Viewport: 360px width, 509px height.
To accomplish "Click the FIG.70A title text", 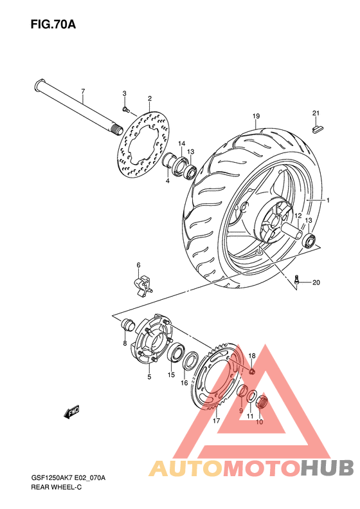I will (x=53, y=25).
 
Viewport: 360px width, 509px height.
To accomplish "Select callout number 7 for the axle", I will (x=82, y=91).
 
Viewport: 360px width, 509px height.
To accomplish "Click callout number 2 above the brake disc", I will (x=149, y=99).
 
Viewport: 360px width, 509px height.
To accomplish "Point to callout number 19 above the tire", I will (x=256, y=116).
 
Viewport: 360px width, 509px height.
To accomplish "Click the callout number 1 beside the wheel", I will (x=327, y=200).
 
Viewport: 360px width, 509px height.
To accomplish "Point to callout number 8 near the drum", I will (x=125, y=344).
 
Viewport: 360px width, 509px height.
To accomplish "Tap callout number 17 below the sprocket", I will (x=217, y=421).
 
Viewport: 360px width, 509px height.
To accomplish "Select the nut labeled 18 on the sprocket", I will (x=252, y=371).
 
